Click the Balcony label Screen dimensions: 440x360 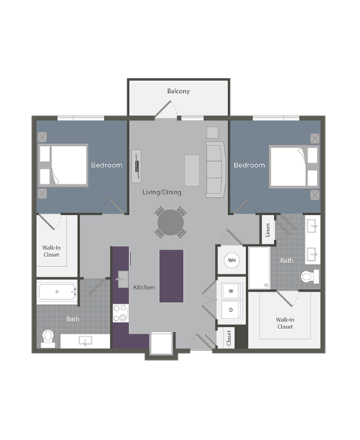[178, 91]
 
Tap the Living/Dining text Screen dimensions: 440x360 [162, 193]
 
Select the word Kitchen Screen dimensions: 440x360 [143, 287]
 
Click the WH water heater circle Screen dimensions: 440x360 [232, 261]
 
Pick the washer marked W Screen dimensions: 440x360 [231, 291]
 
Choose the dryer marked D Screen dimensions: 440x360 [231, 309]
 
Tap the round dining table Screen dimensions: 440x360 [169, 222]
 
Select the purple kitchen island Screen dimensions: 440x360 [172, 275]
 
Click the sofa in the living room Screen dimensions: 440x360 [215, 170]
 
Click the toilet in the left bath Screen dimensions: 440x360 [49, 337]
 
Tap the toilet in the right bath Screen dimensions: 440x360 [309, 277]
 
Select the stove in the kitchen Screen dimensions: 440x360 [120, 313]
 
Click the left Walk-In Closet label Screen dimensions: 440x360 [52, 250]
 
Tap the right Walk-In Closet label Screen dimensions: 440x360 [285, 323]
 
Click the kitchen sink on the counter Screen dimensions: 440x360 [121, 280]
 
